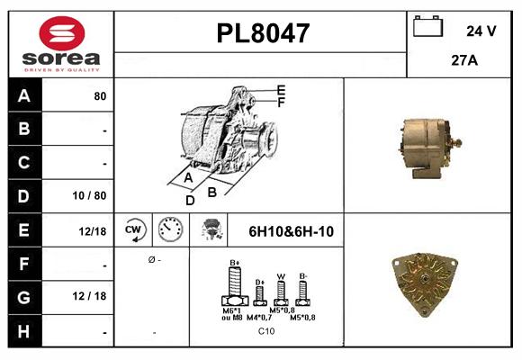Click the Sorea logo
pos(60,45)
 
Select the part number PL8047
pos(263,33)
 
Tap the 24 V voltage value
pos(481,31)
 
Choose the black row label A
pos(23,95)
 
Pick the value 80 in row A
pos(100,95)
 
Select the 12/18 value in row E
pos(93,231)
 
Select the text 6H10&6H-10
pos(291,231)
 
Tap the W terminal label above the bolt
pos(280,276)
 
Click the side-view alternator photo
pos(428,143)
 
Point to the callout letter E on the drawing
pos(281,90)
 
